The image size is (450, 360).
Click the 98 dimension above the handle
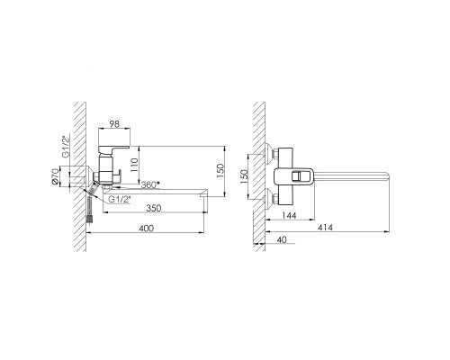114,124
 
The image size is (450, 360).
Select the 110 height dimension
134,165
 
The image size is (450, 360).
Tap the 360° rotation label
150,184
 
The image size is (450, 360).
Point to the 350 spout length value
154,208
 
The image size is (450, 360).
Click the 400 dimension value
147,229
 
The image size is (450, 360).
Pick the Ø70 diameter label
54,176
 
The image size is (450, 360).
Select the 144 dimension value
290,215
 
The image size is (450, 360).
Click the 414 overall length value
325,228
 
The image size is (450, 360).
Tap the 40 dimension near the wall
282,239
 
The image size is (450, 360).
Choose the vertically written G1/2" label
66,146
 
